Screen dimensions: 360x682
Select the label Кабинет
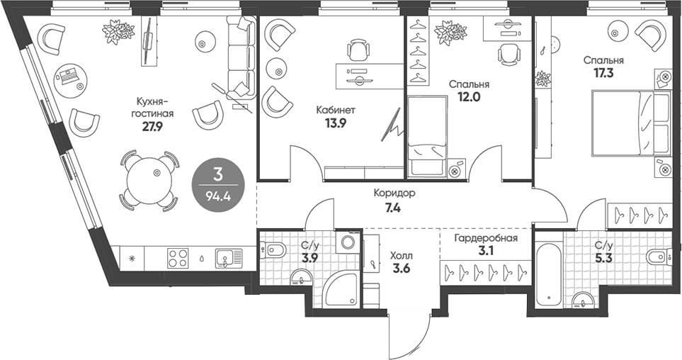tap(336, 111)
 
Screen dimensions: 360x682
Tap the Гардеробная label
tap(486, 238)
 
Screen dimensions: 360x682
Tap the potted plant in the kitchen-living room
tap(118, 32)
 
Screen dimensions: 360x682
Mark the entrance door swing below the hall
tap(418, 333)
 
